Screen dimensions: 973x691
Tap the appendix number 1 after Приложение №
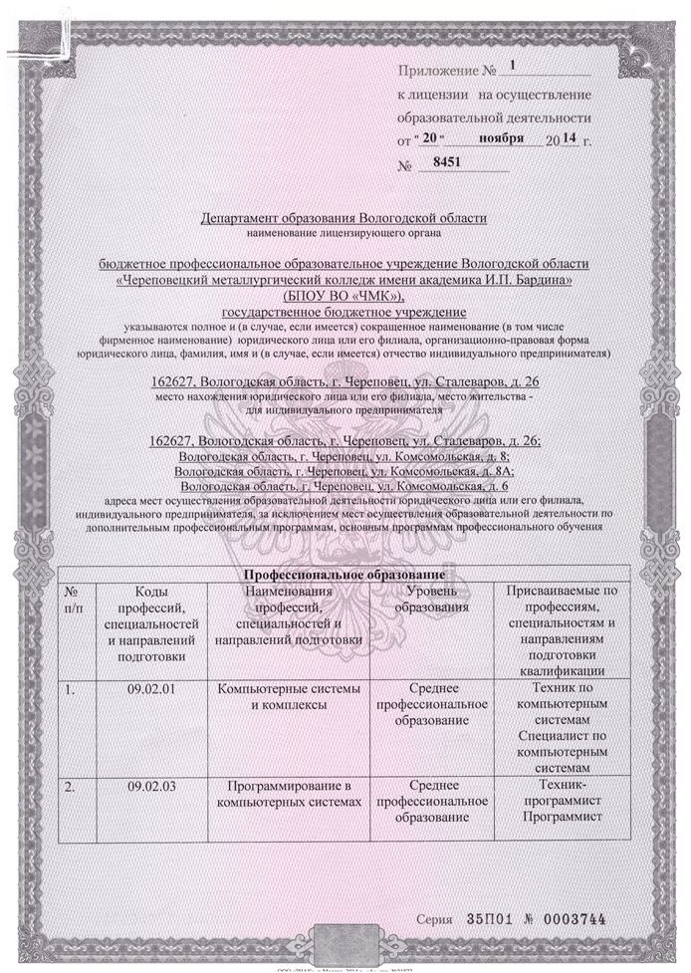(514, 67)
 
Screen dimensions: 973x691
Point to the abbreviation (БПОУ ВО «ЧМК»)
(345, 297)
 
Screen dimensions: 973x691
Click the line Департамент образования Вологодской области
(345, 217)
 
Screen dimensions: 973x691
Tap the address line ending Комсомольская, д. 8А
(345, 470)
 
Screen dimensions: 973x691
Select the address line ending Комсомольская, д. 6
(345, 485)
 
